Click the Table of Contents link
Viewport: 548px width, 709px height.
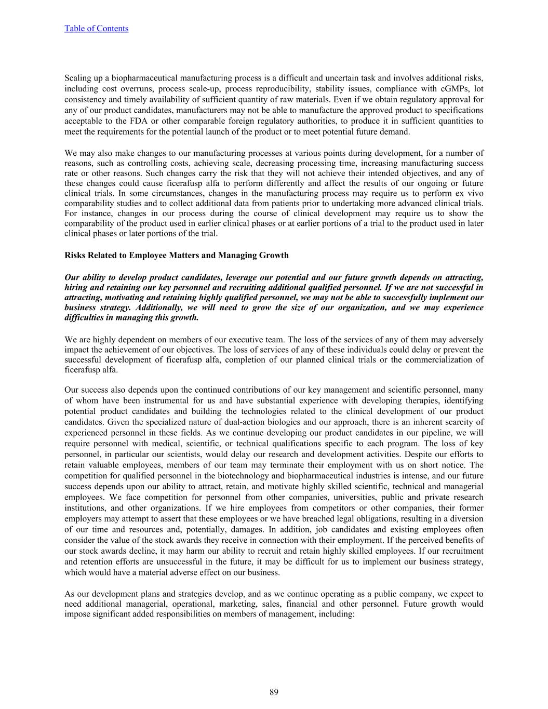pyautogui.click(x=96, y=29)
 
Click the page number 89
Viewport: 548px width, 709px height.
pyautogui.click(x=274, y=692)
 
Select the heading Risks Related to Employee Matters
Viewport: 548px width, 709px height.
pyautogui.click(x=177, y=255)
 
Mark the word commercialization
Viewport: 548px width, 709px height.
pyautogui.click(x=438, y=359)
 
